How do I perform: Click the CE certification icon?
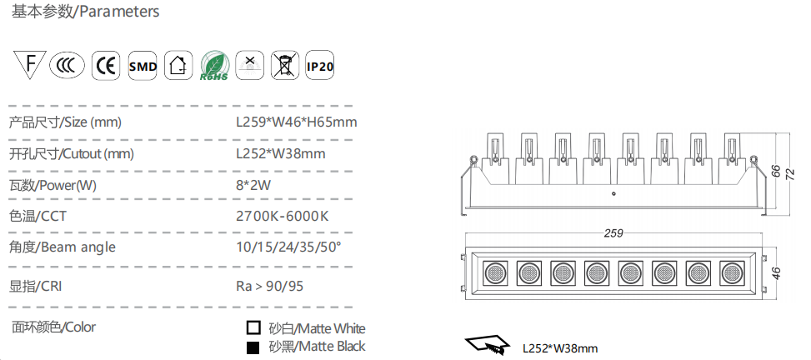(x=106, y=66)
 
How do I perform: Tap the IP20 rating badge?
(x=319, y=66)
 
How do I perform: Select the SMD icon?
(x=143, y=66)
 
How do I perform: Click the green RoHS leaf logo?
(x=214, y=66)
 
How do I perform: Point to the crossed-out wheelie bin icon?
(x=285, y=66)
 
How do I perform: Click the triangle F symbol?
(x=29, y=64)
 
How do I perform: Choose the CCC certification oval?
(x=67, y=66)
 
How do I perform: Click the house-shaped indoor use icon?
(x=178, y=66)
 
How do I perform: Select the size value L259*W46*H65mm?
(x=297, y=122)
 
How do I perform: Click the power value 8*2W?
(x=253, y=185)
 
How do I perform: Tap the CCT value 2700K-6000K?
(x=282, y=216)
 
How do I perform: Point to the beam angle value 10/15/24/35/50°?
(x=288, y=247)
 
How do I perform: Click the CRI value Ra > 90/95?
(x=268, y=286)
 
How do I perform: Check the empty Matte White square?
(x=253, y=328)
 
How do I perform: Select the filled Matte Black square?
(x=253, y=347)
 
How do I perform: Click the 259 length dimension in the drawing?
(x=613, y=233)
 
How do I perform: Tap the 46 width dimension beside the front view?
(x=776, y=273)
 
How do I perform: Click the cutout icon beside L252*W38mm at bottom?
(x=486, y=344)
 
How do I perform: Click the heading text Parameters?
(x=119, y=12)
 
